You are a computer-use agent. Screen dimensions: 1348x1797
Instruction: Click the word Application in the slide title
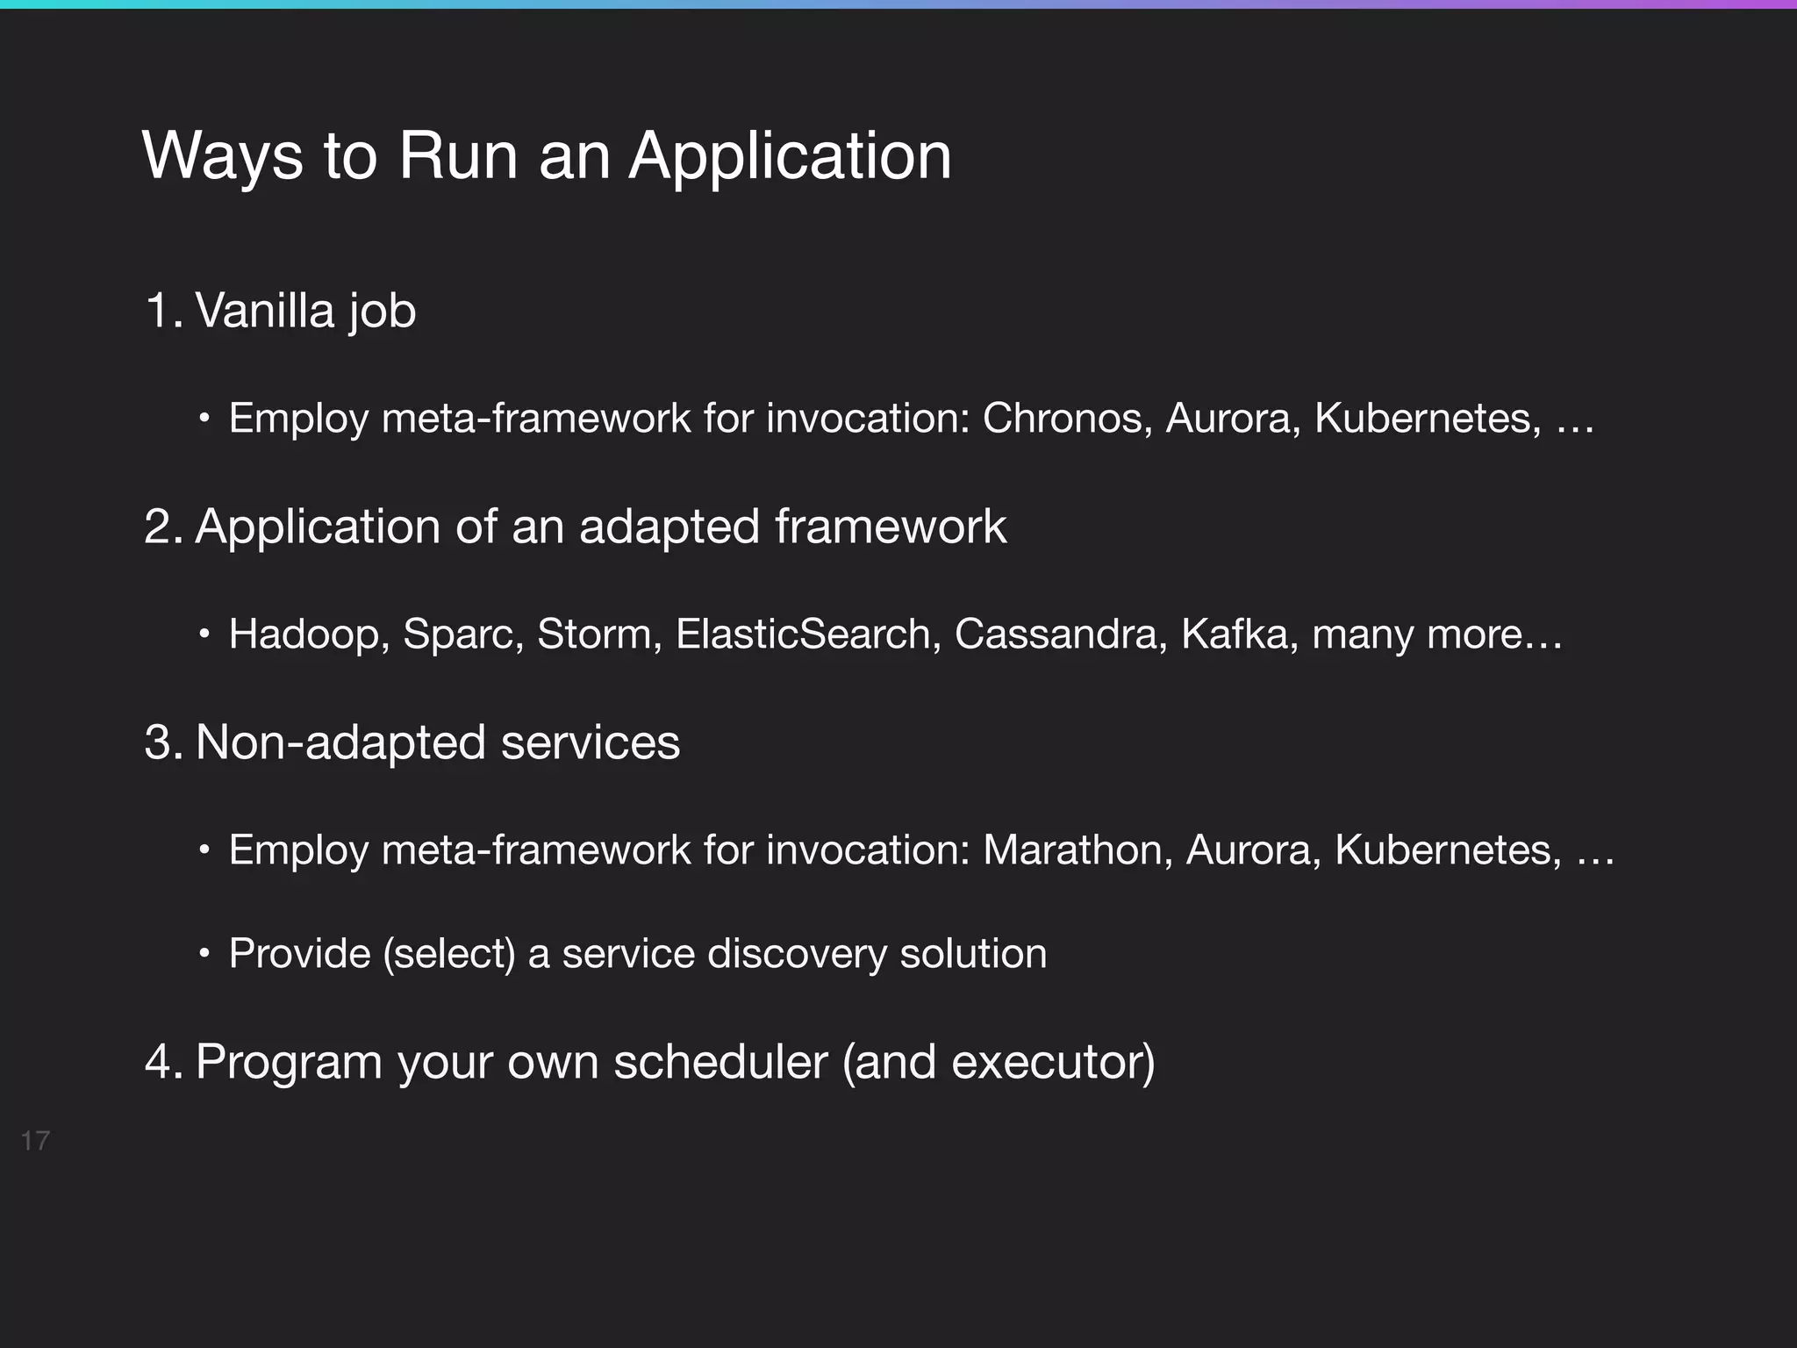[x=790, y=158]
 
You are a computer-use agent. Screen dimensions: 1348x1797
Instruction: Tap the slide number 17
[x=35, y=1141]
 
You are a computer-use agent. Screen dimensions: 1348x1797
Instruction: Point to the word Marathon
[x=1077, y=850]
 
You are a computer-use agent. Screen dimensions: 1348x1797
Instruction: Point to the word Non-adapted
[x=339, y=742]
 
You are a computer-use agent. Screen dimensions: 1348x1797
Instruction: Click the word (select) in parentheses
[x=449, y=954]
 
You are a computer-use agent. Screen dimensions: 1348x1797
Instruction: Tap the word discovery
[x=797, y=954]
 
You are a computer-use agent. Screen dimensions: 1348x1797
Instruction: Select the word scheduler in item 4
[x=720, y=1062]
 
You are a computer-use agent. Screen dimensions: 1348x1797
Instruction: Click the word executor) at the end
[x=1053, y=1062]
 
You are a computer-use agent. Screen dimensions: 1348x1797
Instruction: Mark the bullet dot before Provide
[x=204, y=954]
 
